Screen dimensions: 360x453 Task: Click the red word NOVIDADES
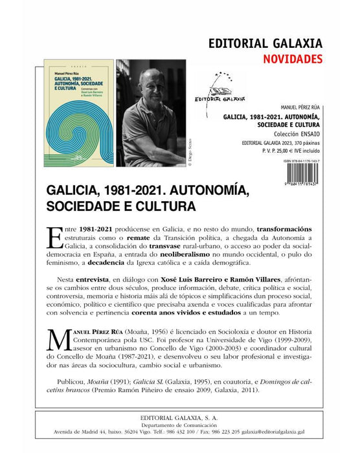(x=291, y=60)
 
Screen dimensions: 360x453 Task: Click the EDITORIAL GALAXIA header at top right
(x=265, y=44)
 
